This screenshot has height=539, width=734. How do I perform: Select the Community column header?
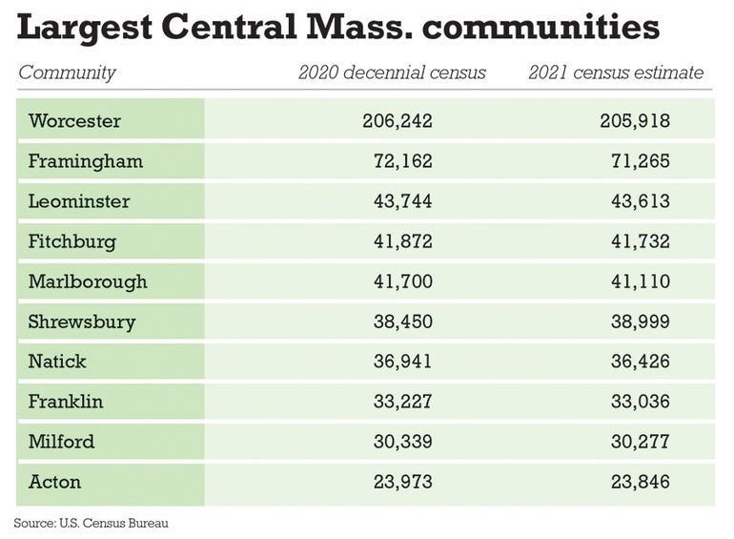point(67,73)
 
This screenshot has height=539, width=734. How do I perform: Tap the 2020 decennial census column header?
point(393,73)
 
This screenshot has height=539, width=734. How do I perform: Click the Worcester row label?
point(74,121)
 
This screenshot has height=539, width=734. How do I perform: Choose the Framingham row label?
point(85,161)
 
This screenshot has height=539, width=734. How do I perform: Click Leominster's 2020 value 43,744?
point(402,201)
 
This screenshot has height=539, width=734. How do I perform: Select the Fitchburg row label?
point(71,241)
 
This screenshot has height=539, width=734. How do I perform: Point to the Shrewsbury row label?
point(81,321)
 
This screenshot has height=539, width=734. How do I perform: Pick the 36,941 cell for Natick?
point(402,362)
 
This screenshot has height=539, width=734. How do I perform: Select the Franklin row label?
point(65,402)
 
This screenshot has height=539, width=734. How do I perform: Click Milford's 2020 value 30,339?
point(402,442)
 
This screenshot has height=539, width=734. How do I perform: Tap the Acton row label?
point(54,482)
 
